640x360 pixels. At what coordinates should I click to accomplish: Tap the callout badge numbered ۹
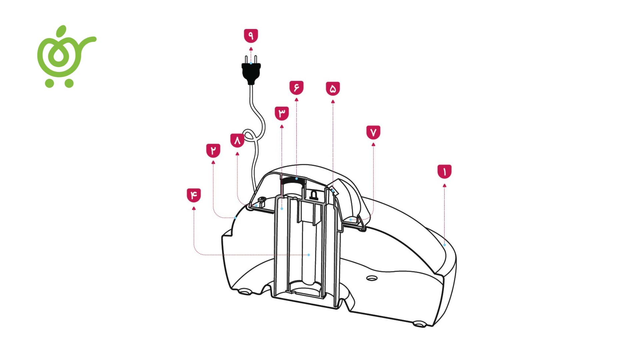tap(251, 36)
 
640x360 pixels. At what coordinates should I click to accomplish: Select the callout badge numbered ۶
tap(296, 88)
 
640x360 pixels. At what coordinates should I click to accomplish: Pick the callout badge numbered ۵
tap(333, 89)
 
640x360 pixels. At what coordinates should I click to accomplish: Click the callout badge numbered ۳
tap(282, 113)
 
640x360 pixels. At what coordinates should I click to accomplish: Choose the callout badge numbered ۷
tap(373, 132)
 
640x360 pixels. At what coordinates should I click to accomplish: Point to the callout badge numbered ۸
tap(237, 140)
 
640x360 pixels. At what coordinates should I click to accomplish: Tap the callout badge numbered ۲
tap(213, 151)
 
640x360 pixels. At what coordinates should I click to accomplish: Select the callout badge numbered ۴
tap(194, 195)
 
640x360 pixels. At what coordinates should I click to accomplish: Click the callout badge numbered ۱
tap(444, 172)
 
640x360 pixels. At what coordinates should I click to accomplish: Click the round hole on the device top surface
tap(372, 278)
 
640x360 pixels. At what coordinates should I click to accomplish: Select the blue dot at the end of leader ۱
tap(444, 245)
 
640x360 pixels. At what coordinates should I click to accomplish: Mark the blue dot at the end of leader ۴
tap(309, 255)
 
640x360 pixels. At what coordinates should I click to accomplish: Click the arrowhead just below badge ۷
tap(373, 145)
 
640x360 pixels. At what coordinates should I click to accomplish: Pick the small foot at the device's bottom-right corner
tap(419, 323)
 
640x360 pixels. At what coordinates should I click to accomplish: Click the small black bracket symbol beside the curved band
tap(314, 195)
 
